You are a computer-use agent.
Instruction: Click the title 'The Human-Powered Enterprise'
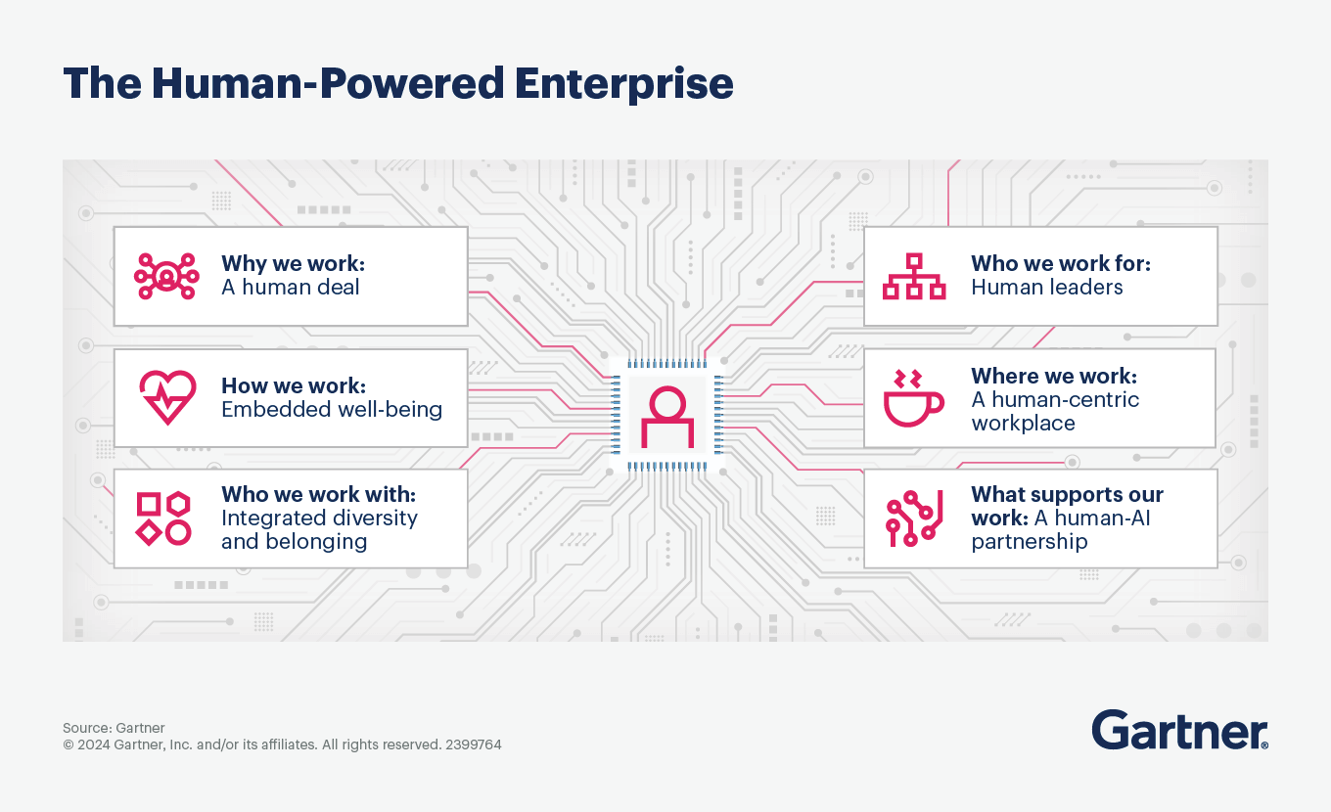pos(397,84)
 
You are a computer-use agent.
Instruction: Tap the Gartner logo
pos(1179,731)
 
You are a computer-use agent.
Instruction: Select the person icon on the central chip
pos(666,418)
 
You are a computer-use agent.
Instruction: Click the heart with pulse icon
pos(166,397)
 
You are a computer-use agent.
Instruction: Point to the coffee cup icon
pos(912,398)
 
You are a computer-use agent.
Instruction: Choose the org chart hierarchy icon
pos(914,277)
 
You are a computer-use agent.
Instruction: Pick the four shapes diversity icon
pos(163,519)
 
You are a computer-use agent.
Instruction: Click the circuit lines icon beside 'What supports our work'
pos(914,519)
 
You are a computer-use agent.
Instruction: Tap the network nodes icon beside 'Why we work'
pos(166,276)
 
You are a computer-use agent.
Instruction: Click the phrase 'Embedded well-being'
pos(332,409)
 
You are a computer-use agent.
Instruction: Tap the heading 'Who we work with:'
pos(319,494)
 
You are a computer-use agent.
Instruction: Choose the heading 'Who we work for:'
pos(1060,263)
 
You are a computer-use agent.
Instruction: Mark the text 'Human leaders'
pos(1046,288)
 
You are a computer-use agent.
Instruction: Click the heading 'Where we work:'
pos(1053,376)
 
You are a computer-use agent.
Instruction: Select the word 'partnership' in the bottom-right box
pos(1029,542)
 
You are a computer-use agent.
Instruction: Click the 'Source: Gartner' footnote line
pos(114,728)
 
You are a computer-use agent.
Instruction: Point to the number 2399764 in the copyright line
pos(473,744)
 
